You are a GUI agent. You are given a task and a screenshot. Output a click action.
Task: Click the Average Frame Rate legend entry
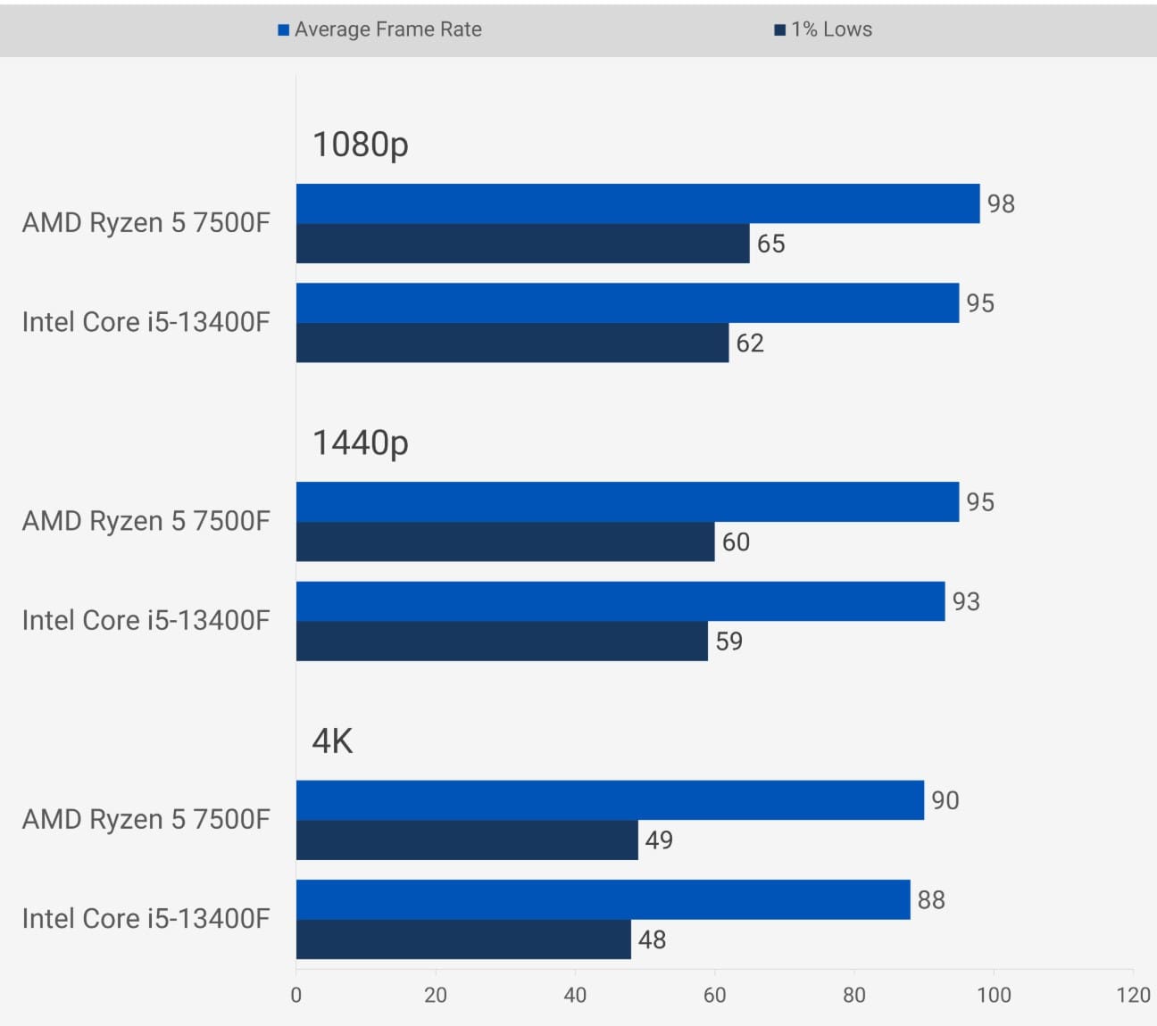click(x=380, y=29)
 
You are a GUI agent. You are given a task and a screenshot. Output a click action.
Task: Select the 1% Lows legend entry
click(x=823, y=29)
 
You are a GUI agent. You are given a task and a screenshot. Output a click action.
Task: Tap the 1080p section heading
click(x=360, y=145)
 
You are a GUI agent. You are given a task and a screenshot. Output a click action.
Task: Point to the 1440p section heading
click(x=360, y=443)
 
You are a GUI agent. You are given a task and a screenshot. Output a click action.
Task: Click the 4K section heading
click(x=332, y=741)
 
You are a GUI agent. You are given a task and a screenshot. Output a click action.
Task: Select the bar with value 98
click(x=637, y=203)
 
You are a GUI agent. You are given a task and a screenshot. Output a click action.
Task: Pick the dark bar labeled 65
click(x=522, y=244)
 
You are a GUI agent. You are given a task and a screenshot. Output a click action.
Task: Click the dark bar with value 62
click(x=512, y=343)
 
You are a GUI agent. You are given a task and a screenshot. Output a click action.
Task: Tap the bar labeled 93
click(x=620, y=601)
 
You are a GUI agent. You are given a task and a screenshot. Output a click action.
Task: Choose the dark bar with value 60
click(x=505, y=542)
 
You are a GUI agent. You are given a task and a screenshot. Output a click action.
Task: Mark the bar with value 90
click(x=610, y=800)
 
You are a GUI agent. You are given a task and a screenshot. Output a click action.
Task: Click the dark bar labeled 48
click(x=463, y=939)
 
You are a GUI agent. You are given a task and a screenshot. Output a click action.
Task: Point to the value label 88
click(x=931, y=900)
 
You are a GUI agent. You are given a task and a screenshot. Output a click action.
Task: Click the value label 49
click(x=659, y=840)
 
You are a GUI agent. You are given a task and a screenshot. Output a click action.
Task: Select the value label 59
click(x=728, y=641)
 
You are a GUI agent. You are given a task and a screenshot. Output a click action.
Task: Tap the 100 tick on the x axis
click(x=994, y=996)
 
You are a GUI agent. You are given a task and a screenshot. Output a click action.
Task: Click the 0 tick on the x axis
click(x=296, y=996)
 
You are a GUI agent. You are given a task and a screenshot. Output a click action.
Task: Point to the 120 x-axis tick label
click(x=1133, y=996)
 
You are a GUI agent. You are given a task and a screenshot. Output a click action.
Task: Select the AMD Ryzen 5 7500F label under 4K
click(x=146, y=819)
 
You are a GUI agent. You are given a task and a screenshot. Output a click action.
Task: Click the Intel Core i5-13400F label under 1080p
click(x=146, y=322)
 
